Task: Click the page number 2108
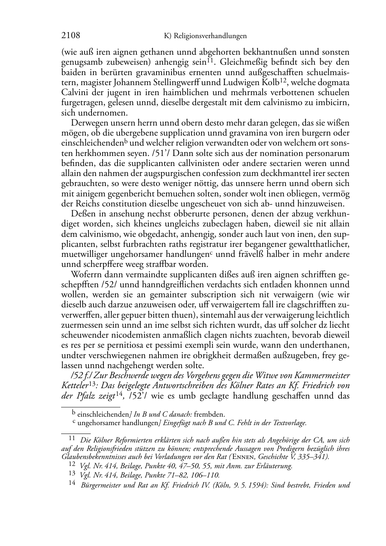pyautogui.click(x=71, y=36)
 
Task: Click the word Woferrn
pyautogui.click(x=86, y=275)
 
